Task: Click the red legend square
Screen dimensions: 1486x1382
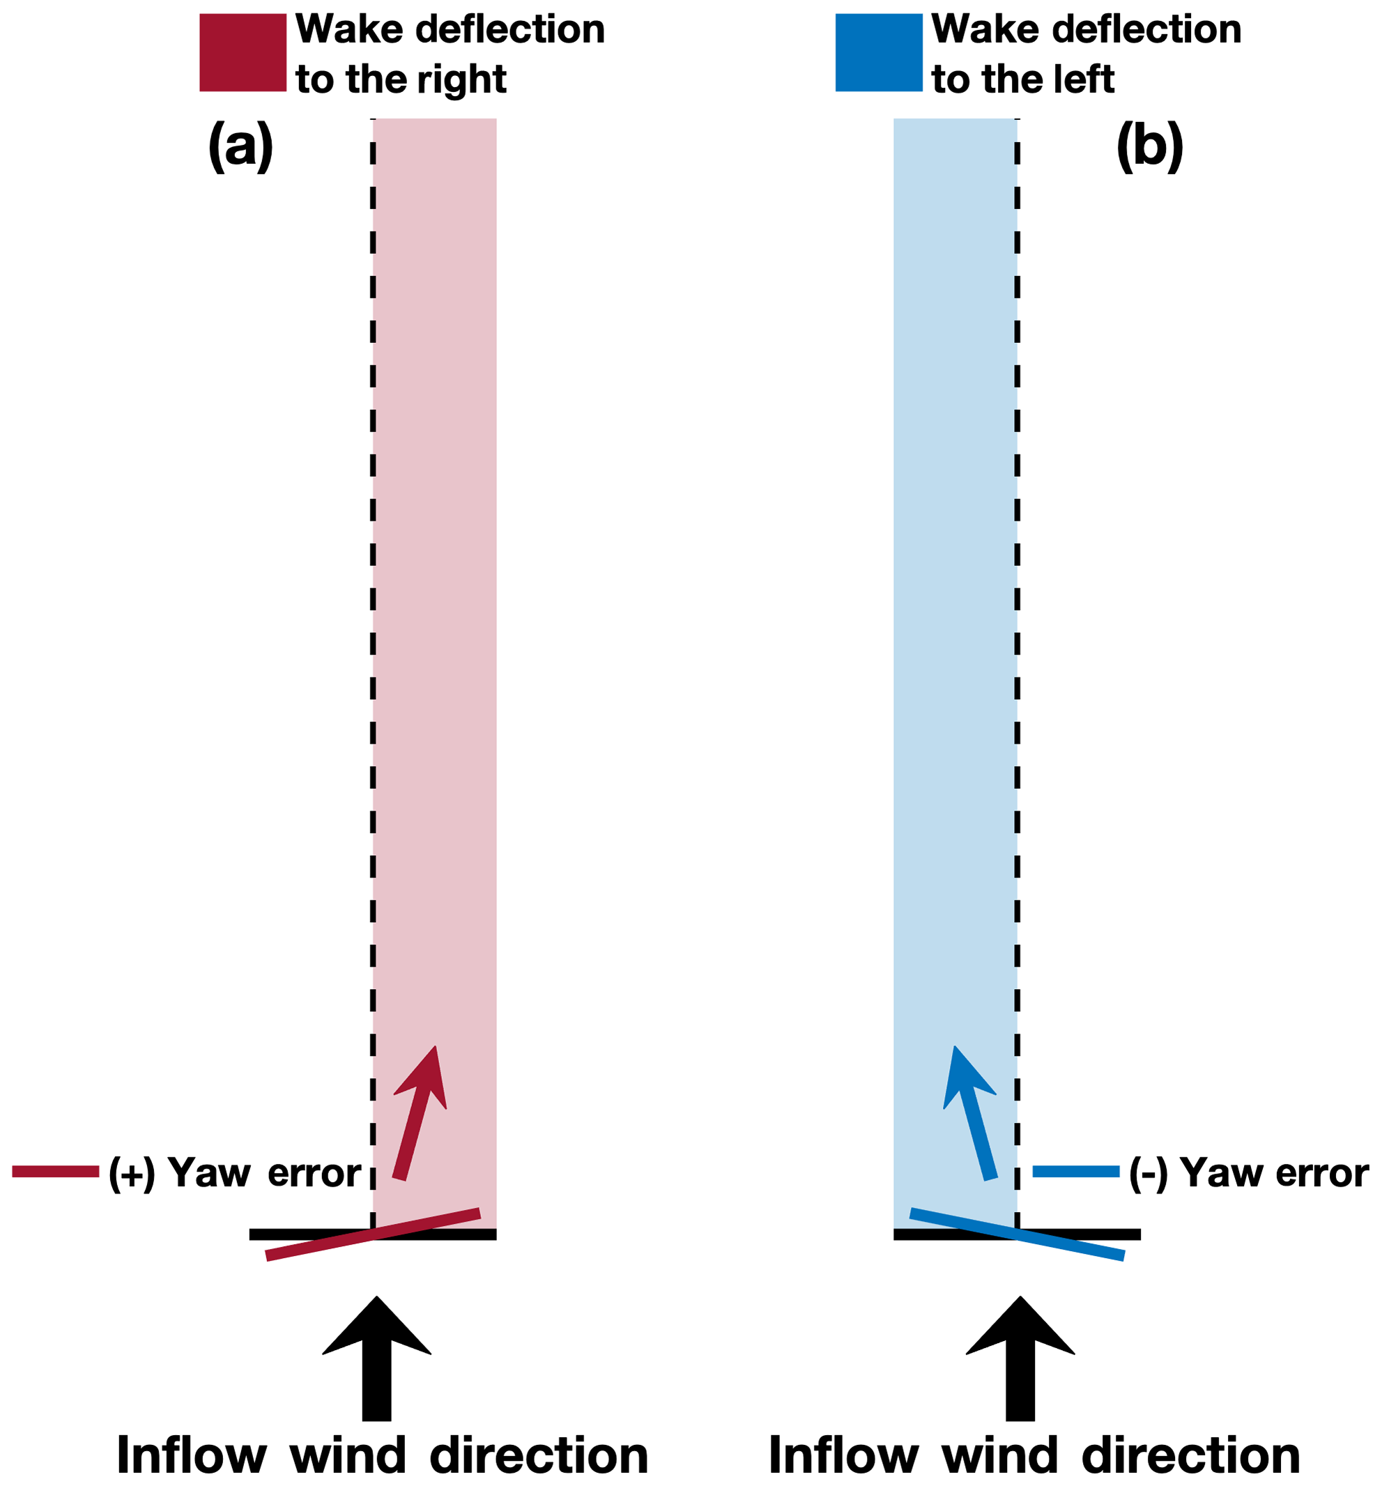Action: [242, 52]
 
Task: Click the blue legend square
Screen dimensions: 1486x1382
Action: [877, 52]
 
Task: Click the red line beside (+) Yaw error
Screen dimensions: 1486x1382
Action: [55, 1172]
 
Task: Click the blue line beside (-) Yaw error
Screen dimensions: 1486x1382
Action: [1075, 1172]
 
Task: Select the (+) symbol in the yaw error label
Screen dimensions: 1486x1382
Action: [132, 1174]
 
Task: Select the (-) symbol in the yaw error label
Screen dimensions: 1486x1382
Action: [1148, 1174]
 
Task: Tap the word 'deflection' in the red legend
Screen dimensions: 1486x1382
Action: [509, 29]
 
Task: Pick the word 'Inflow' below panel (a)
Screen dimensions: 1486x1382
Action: [192, 1455]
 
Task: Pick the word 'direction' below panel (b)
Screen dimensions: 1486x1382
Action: [1190, 1455]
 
